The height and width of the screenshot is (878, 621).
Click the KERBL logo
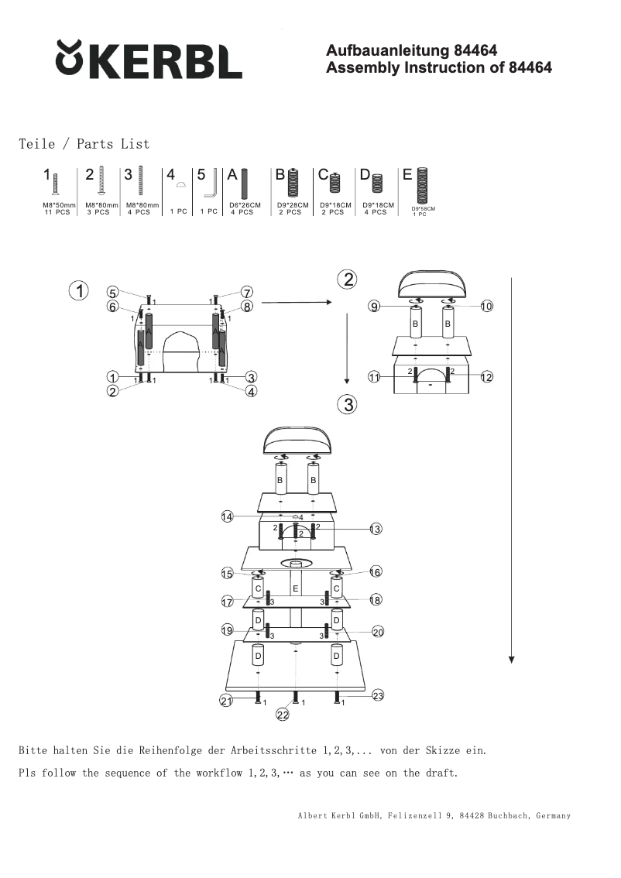click(149, 60)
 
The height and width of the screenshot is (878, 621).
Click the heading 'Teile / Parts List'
click(84, 144)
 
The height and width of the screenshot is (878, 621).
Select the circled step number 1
click(79, 291)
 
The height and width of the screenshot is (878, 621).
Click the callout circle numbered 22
click(283, 715)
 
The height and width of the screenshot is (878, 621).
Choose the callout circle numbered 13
click(376, 529)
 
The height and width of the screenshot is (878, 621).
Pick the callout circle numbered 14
click(227, 516)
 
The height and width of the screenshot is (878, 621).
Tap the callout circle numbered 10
click(486, 306)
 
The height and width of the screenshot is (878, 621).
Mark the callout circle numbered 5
click(113, 293)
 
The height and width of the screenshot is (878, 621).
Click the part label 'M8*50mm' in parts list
click(58, 205)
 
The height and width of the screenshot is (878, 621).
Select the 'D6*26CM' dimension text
click(245, 205)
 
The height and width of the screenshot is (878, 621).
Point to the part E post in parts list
click(422, 185)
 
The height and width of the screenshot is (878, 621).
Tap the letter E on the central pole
click(295, 589)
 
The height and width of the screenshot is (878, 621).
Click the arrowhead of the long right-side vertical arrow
click(511, 659)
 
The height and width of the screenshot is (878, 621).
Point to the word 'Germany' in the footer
click(553, 815)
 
